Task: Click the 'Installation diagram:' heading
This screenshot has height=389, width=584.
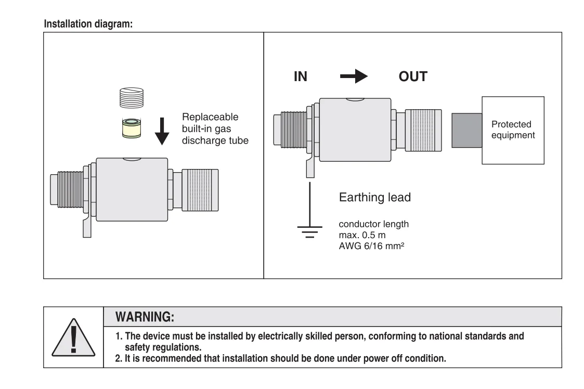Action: (x=88, y=24)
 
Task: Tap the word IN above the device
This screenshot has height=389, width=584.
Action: (x=301, y=76)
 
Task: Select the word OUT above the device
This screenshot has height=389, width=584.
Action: (x=413, y=76)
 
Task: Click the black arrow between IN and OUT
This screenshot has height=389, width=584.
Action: (x=354, y=76)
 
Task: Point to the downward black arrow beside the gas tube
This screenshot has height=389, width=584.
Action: (x=162, y=131)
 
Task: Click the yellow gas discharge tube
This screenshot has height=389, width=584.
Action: (x=132, y=128)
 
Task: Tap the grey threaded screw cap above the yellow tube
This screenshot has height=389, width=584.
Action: (x=132, y=98)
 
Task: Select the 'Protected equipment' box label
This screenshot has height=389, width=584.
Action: (x=513, y=129)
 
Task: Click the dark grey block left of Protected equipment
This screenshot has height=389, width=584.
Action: (x=466, y=131)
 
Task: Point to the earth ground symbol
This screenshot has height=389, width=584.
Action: (x=309, y=231)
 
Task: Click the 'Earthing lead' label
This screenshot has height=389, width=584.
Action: (x=374, y=197)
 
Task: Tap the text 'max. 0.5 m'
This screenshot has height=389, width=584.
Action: (x=362, y=235)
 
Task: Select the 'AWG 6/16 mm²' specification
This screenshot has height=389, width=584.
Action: (x=371, y=246)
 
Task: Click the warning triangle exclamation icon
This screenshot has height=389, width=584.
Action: (x=73, y=338)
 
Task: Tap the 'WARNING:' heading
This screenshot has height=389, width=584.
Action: (x=145, y=317)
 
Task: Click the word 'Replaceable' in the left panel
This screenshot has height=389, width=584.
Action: (x=210, y=116)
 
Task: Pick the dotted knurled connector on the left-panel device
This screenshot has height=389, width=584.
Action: (x=200, y=190)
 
